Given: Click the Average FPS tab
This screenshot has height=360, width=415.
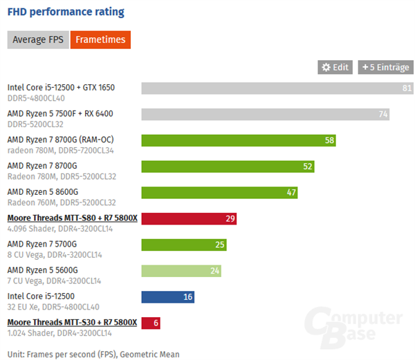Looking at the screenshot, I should click(x=38, y=39).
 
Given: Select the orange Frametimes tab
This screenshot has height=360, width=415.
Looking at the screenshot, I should click(x=101, y=39).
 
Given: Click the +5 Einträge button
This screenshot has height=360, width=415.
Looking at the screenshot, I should click(x=385, y=67).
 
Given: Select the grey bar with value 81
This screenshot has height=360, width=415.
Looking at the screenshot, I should click(x=277, y=88).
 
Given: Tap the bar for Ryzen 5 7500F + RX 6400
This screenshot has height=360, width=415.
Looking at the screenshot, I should click(x=266, y=114).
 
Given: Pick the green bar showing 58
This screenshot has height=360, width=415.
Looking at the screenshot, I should click(x=239, y=140).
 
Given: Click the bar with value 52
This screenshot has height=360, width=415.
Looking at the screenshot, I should click(x=228, y=167).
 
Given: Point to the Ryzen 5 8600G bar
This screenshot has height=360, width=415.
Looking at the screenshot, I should click(x=220, y=193).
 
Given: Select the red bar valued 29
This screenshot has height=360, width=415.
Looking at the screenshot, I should click(x=189, y=219).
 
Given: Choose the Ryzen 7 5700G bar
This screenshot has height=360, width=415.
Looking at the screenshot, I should click(x=184, y=245).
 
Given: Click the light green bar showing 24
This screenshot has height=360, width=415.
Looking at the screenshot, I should click(x=181, y=271).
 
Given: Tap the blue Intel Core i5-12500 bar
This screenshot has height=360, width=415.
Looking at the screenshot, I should click(x=168, y=297).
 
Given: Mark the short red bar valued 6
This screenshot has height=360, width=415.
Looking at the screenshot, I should click(x=151, y=323).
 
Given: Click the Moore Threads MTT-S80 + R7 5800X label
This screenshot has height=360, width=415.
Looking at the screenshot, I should click(x=72, y=218).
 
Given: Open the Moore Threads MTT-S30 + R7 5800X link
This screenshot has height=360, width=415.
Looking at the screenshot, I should click(x=72, y=322).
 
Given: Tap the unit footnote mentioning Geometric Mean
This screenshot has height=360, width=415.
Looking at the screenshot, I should click(x=93, y=354).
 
